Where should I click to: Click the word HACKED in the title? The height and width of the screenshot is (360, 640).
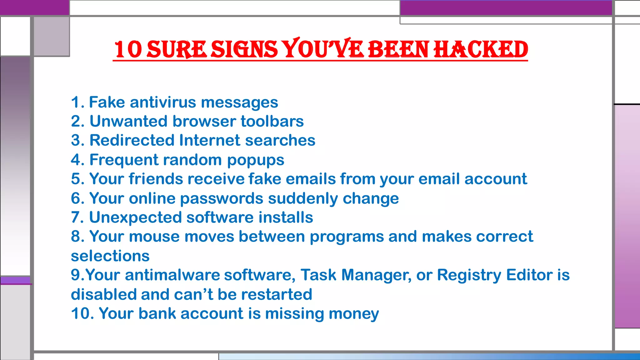(481, 50)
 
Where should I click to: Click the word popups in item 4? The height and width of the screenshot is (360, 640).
(255, 160)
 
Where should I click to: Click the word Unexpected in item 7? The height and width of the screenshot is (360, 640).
(135, 217)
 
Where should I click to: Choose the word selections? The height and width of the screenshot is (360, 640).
(110, 256)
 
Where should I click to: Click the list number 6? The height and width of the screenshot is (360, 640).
(76, 198)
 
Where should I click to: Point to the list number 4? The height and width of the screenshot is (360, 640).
(76, 160)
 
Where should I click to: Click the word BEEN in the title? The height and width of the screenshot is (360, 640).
(398, 50)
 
